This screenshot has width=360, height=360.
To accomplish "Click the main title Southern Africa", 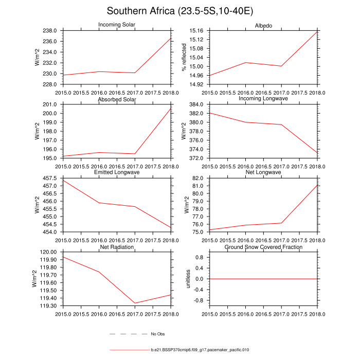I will coord(180,11).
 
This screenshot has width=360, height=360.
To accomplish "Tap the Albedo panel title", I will coord(263,26).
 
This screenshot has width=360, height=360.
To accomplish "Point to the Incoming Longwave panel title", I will coord(263,98).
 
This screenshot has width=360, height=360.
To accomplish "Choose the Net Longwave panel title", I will coord(263,172).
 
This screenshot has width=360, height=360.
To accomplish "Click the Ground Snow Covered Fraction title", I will coord(263,247).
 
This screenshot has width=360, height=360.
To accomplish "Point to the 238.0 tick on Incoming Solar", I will coord(54,30).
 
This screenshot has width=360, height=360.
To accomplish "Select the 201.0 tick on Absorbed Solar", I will coord(54,104).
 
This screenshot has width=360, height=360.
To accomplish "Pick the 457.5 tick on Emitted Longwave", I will coord(54,178).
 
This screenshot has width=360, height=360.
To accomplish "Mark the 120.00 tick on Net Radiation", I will coord(52,252).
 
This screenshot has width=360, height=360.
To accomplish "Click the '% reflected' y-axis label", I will coord(183,58).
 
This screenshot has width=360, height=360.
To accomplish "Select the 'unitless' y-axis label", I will coord(189,279).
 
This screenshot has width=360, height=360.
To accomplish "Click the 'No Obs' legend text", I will coord(157,334).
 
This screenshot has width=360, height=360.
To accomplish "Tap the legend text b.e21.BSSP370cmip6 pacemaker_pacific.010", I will coord(200,350).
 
